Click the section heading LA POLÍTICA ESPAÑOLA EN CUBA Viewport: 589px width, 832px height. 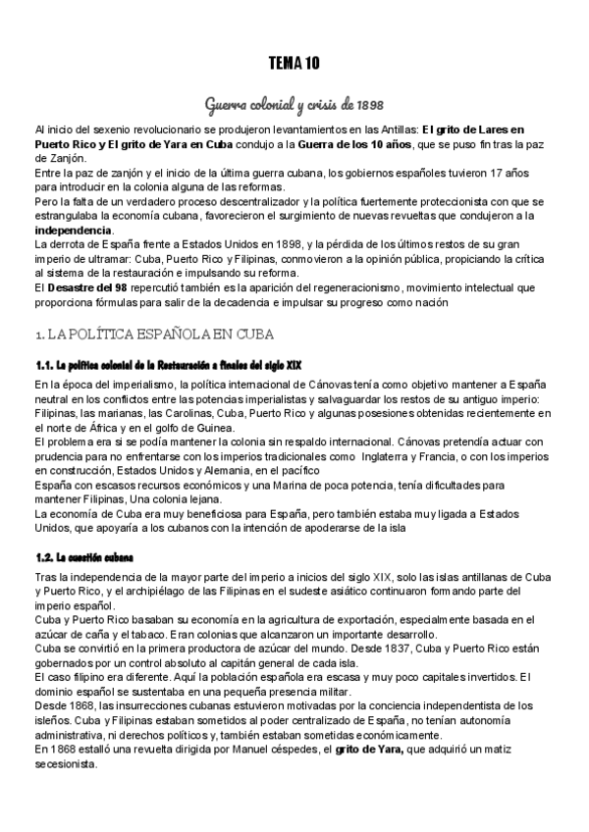[146, 334]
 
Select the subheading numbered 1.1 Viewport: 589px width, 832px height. [168, 364]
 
